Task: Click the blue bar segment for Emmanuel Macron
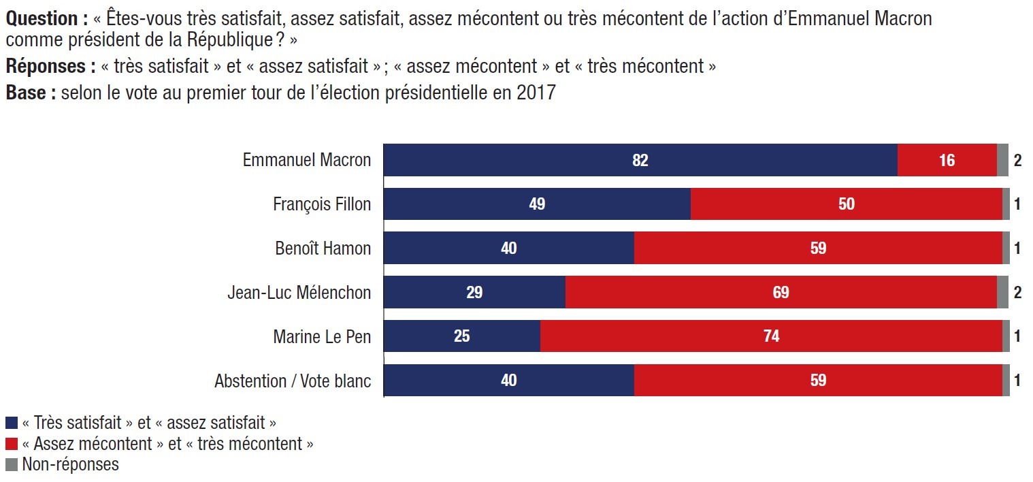click(640, 160)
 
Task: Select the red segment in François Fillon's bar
click(847, 204)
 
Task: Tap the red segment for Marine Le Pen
click(772, 336)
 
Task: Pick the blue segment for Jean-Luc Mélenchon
click(474, 292)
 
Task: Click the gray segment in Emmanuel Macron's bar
click(1002, 160)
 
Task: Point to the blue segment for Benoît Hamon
click(508, 248)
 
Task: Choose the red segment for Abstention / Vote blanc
click(818, 380)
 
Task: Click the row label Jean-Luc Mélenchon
click(299, 293)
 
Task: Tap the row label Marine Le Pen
click(322, 337)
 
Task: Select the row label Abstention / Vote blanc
click(293, 381)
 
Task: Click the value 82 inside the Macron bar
click(640, 160)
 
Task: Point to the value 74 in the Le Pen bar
click(772, 336)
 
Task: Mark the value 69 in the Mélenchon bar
click(781, 292)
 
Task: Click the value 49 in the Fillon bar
click(537, 204)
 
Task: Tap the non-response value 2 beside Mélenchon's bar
click(1018, 292)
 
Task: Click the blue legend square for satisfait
click(12, 423)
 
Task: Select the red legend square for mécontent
click(12, 444)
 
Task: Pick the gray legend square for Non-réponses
click(12, 464)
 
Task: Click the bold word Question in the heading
click(42, 19)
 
